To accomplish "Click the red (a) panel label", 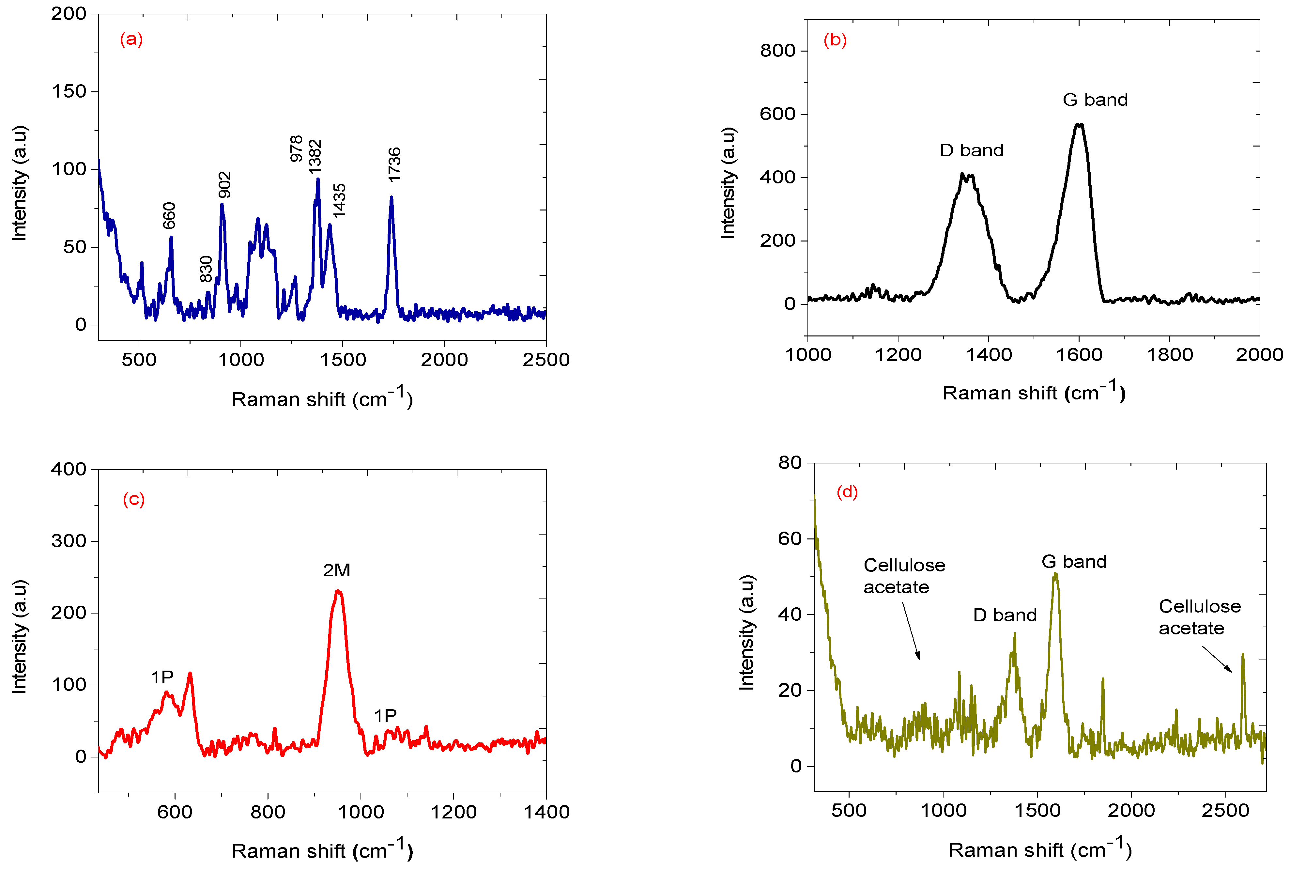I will pos(131,39).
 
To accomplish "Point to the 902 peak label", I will pos(224,185).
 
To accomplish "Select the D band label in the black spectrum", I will pos(971,150).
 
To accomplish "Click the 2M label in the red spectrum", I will pos(336,570).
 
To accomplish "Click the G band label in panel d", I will pos(1073,562).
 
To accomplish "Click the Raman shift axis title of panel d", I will pos(1039,849).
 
